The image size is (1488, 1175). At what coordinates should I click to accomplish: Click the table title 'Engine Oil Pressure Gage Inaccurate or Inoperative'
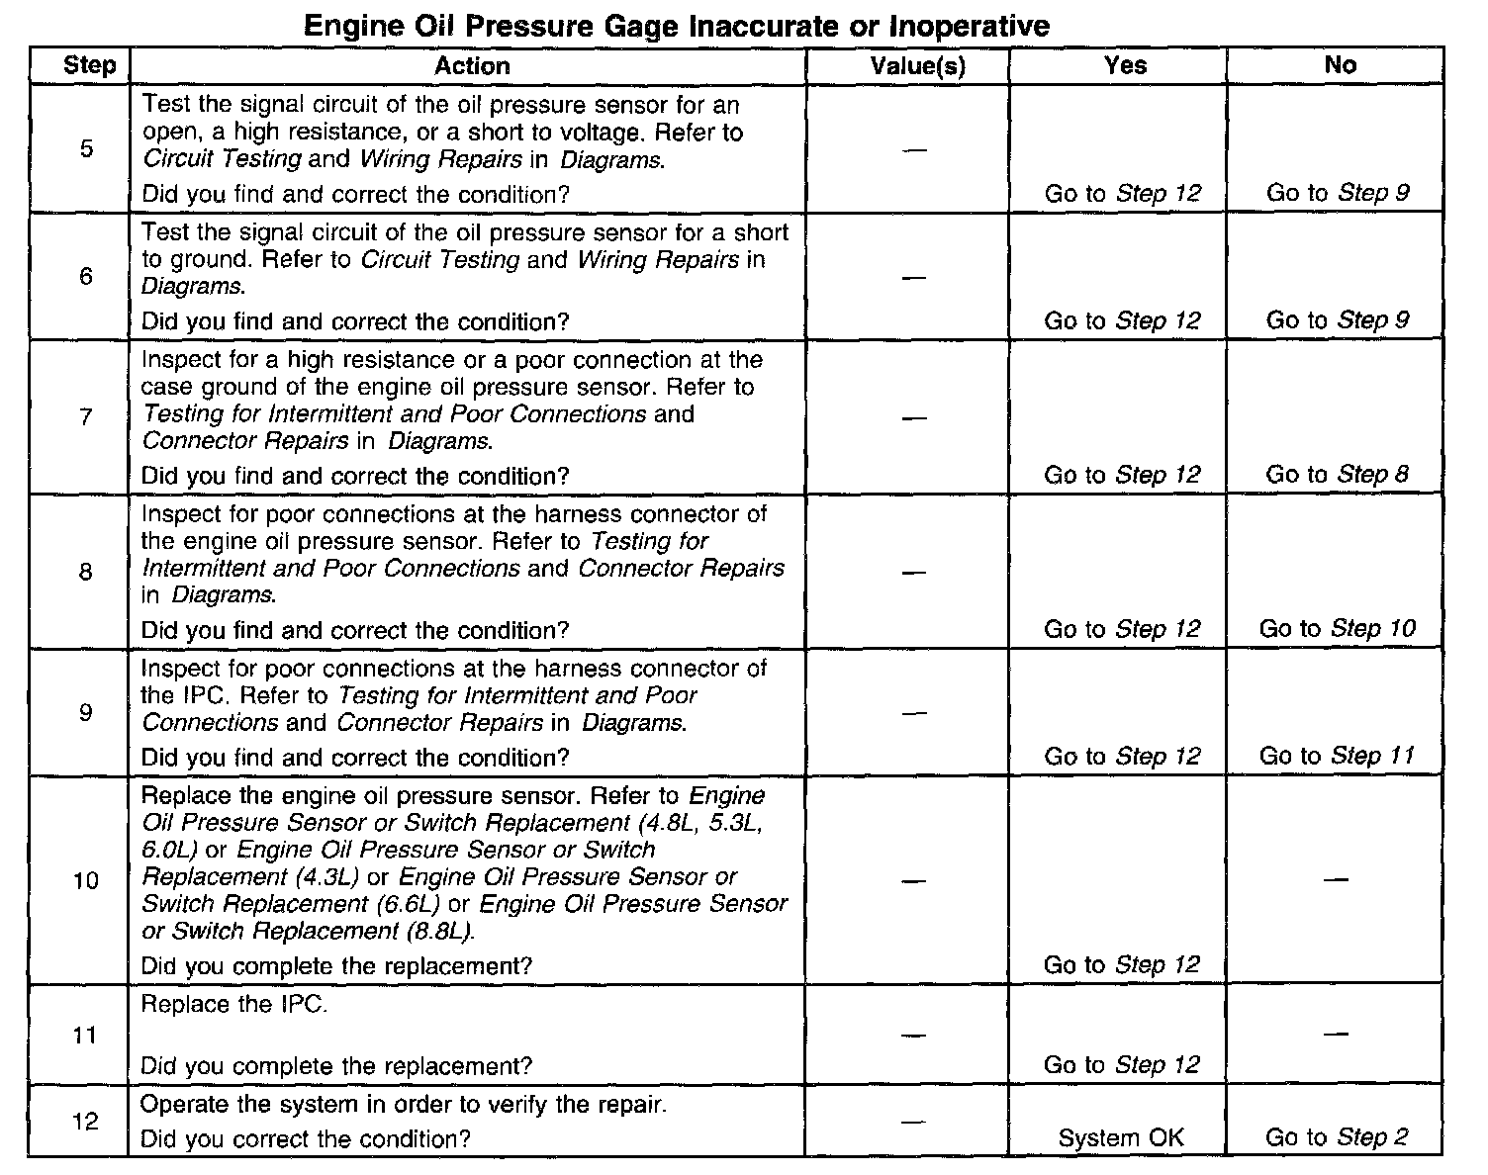(676, 25)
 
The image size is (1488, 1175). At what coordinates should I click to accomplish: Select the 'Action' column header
(472, 66)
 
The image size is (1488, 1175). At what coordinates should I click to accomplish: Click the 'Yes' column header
(1125, 65)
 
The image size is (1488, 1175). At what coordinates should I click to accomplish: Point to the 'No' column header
(1340, 65)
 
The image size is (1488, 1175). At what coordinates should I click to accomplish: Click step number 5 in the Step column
(86, 149)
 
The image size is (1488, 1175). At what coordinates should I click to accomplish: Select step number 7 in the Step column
(86, 417)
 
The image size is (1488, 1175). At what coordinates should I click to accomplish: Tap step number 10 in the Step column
(86, 880)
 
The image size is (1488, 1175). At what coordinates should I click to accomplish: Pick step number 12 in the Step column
(86, 1122)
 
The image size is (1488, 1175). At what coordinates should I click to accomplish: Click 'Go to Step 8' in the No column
(1337, 475)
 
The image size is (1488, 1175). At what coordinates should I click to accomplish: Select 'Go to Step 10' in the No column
(1337, 629)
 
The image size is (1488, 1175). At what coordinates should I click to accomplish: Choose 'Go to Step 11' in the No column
(1337, 757)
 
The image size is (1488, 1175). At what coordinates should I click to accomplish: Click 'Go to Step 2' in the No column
(1337, 1137)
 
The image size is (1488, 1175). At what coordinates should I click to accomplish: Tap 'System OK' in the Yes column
(1120, 1138)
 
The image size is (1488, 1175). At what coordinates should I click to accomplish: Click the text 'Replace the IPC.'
(233, 1005)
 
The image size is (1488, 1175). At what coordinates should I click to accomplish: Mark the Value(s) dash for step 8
(915, 573)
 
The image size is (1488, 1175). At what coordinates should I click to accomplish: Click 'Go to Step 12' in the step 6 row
(1122, 321)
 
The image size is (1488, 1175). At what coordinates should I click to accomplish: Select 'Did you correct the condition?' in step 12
(306, 1138)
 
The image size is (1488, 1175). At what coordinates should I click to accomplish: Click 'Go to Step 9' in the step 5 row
(1337, 194)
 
